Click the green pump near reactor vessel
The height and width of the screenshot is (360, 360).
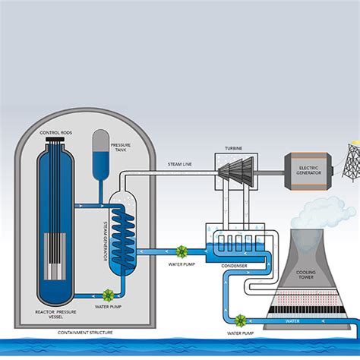[x=108, y=295]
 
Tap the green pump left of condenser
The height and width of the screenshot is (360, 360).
[x=182, y=251]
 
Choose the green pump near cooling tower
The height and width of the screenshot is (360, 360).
[x=240, y=321]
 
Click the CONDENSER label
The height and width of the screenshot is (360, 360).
[x=233, y=267]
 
